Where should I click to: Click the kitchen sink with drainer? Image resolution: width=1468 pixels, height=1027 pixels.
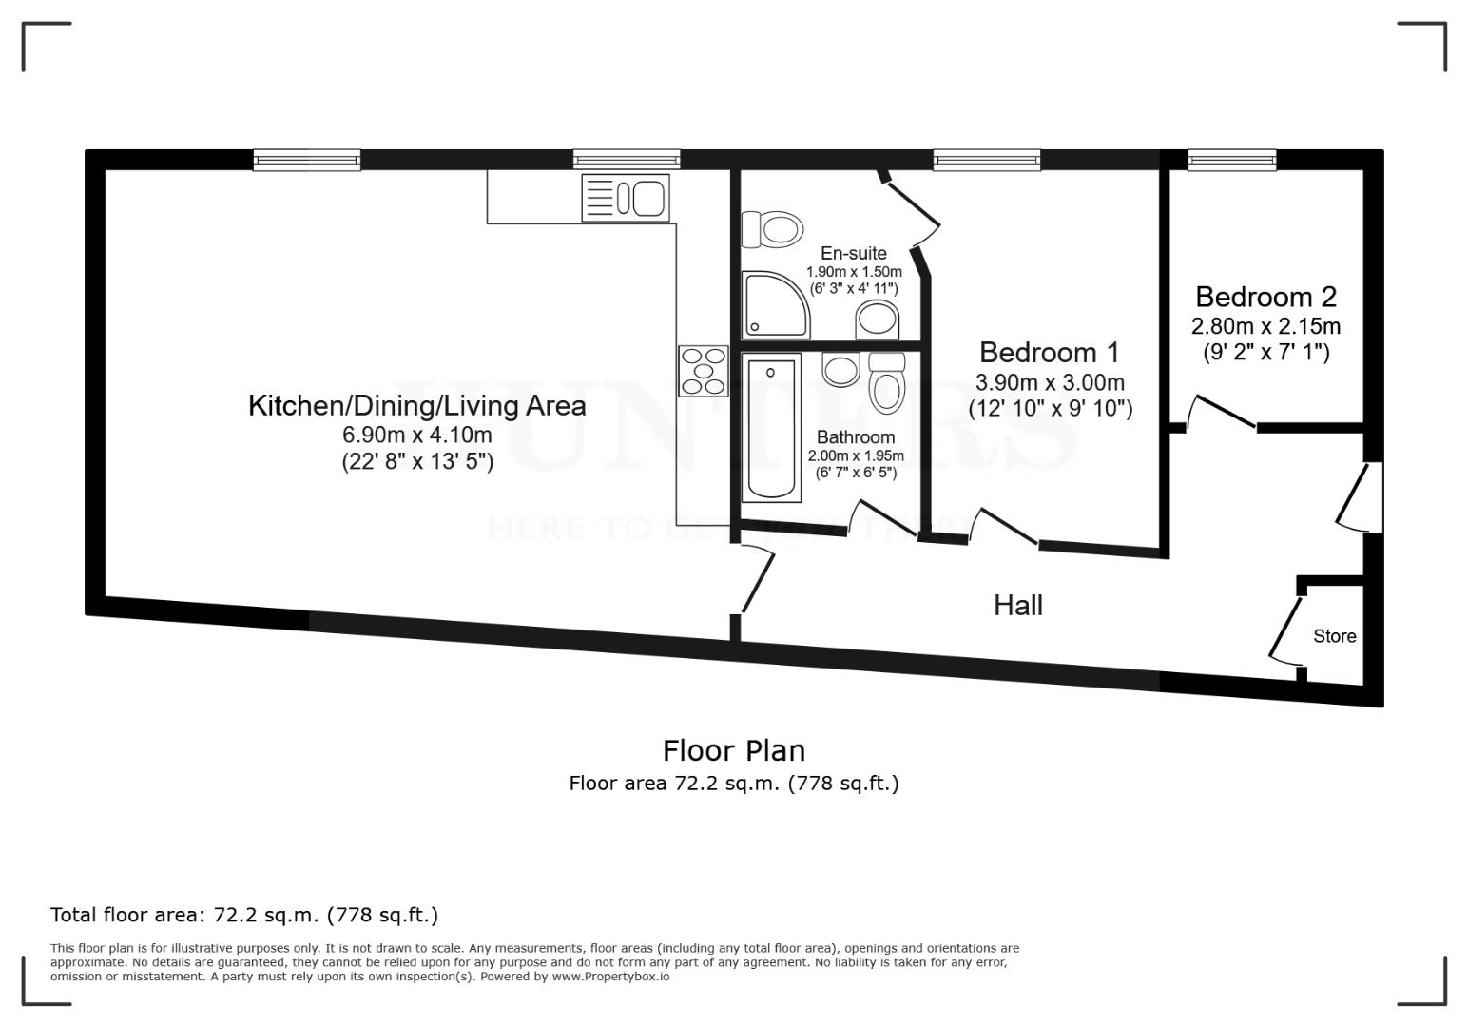(626, 198)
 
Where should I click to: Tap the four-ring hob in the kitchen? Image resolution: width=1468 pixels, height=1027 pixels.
(703, 371)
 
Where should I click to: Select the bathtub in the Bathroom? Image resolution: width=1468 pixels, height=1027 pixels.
(770, 428)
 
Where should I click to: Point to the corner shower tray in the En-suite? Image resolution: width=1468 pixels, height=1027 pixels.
(776, 305)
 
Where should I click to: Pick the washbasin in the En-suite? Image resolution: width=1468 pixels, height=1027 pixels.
(877, 320)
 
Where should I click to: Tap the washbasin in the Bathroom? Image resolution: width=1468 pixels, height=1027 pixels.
(840, 369)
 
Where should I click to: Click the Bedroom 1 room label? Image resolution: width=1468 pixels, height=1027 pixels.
(1049, 353)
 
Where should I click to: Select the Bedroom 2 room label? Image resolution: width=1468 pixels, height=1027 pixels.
(1265, 297)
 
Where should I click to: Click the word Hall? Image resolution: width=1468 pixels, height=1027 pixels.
(1017, 605)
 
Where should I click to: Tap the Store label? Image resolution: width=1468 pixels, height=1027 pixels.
(1334, 636)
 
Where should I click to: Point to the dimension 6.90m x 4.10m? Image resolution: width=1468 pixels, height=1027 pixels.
(417, 436)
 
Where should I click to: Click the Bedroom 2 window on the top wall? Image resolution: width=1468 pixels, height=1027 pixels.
(1232, 160)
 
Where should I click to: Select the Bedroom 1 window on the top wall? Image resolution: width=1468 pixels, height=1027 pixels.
(986, 160)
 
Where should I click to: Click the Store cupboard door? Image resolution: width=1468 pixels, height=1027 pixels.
(1285, 630)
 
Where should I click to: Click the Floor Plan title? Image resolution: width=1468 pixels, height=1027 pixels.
(733, 750)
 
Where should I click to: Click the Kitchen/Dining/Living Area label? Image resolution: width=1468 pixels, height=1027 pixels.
(416, 406)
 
